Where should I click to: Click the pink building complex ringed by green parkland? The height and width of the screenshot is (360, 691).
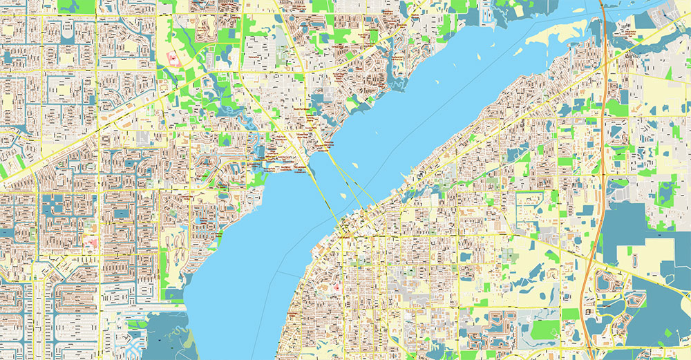click(x=172, y=58)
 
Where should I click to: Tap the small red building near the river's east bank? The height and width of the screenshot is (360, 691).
click(x=337, y=287)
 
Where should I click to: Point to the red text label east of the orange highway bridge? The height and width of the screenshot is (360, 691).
click(x=629, y=31)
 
